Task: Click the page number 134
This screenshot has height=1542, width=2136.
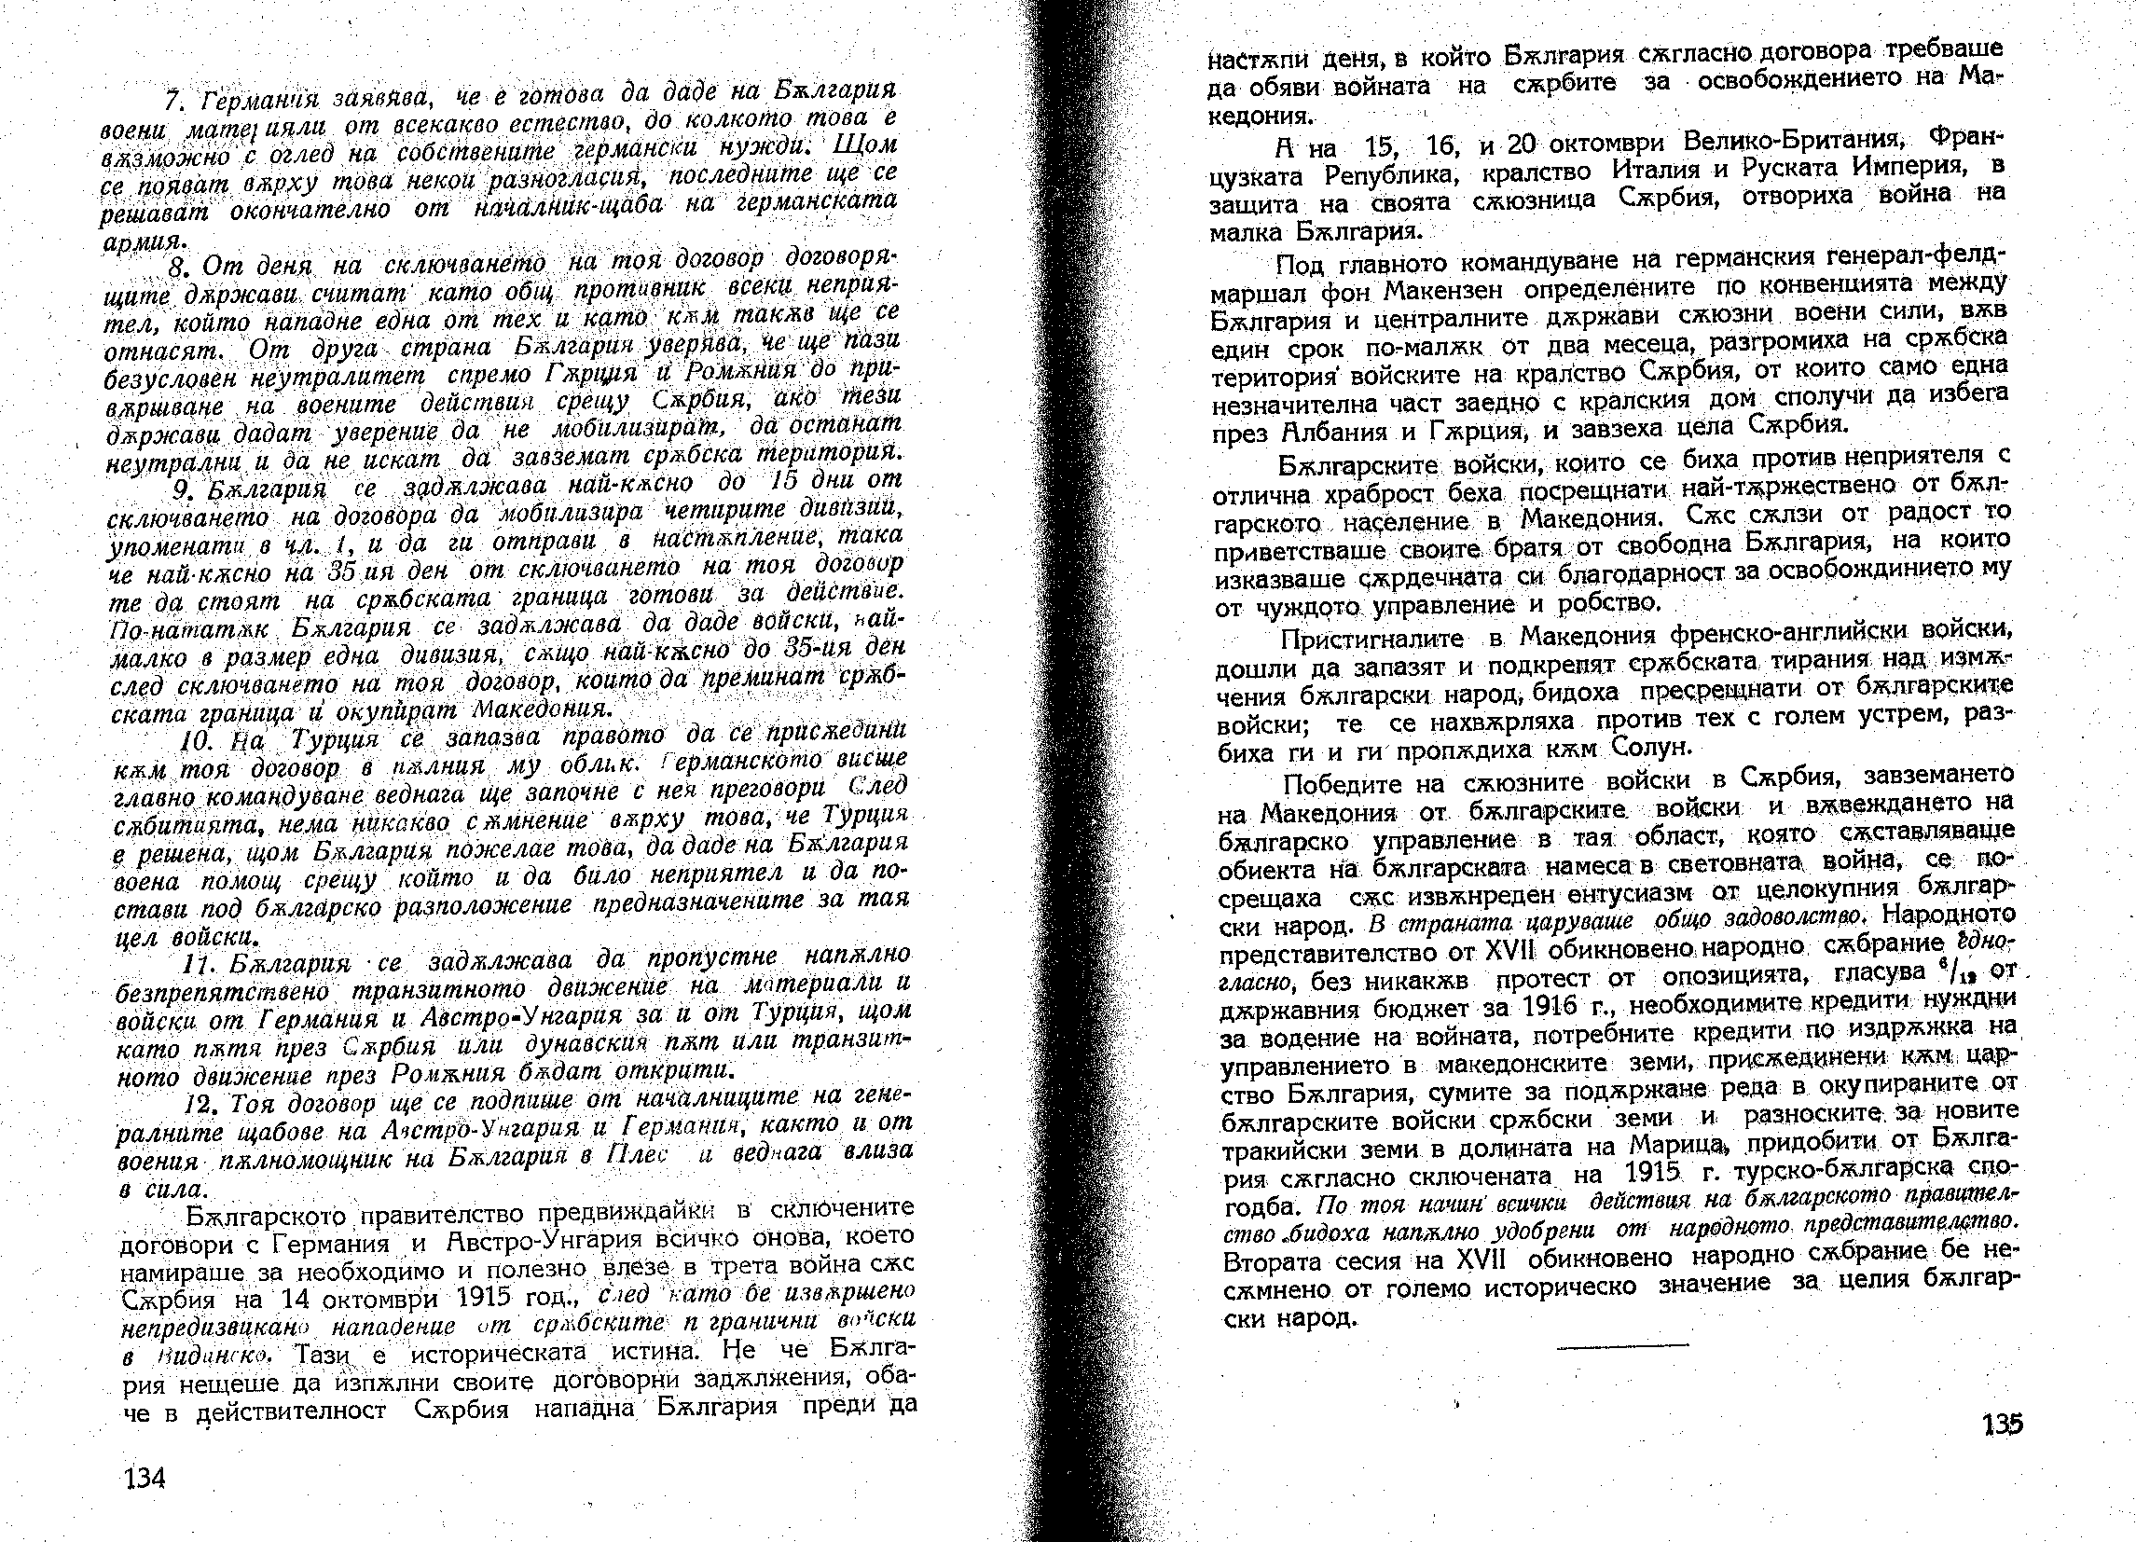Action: [145, 1478]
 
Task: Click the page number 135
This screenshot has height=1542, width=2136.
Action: [2002, 1425]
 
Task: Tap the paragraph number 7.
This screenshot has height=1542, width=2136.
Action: [171, 99]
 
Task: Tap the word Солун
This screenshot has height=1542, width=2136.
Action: [1653, 749]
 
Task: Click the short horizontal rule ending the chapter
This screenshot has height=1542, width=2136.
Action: [1622, 1347]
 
